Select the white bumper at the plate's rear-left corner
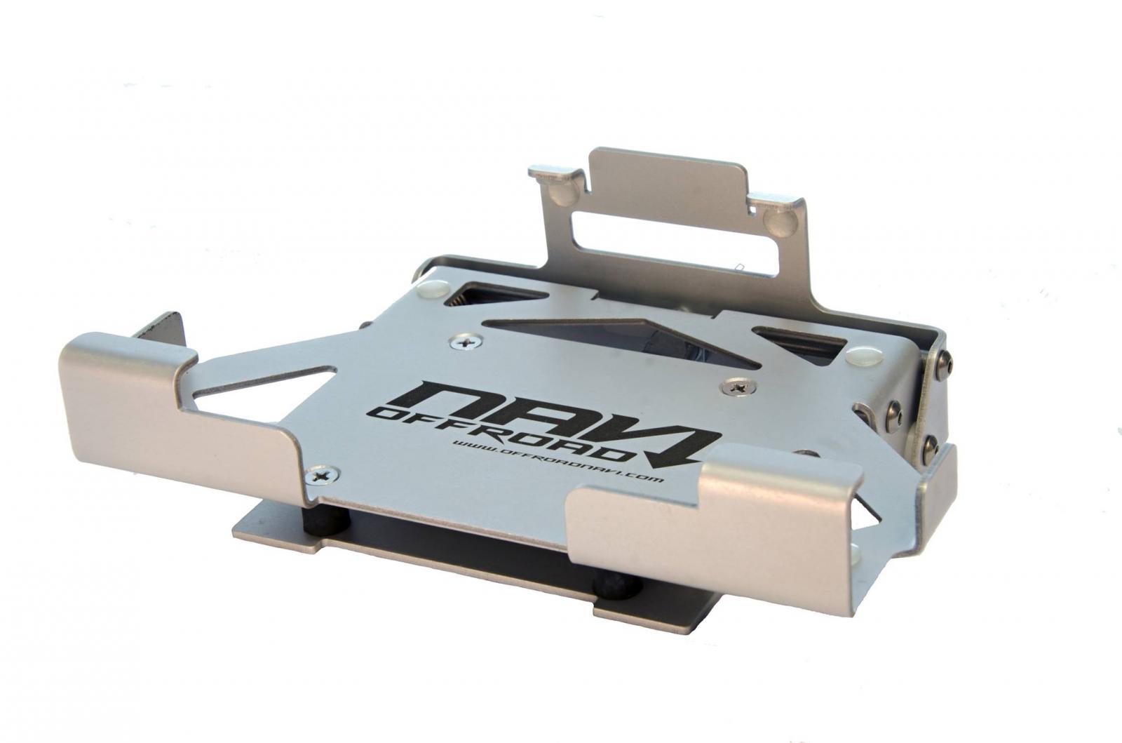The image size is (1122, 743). (434, 288)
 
